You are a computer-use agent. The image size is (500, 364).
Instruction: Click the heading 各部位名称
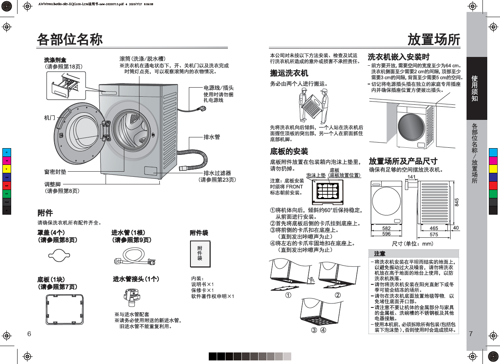70,39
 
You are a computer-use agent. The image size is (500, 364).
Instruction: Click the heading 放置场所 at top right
434,39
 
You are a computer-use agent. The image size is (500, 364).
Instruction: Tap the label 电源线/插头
218,88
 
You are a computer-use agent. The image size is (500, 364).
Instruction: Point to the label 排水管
212,137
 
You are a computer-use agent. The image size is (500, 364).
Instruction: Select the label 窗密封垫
55,172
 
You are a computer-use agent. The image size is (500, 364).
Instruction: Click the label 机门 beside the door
50,118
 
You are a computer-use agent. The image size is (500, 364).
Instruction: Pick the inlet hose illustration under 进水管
134,257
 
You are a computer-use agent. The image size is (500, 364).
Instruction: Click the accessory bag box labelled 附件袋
200,254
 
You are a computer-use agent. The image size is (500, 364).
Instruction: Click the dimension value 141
412,177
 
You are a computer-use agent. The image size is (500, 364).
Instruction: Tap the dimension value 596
386,234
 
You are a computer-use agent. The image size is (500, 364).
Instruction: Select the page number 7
471,333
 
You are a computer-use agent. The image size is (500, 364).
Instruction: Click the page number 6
29,333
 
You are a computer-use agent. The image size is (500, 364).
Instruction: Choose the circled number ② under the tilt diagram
337,295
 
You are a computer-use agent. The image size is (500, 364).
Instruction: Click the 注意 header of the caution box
379,254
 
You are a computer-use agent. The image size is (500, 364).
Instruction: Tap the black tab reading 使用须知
475,88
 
